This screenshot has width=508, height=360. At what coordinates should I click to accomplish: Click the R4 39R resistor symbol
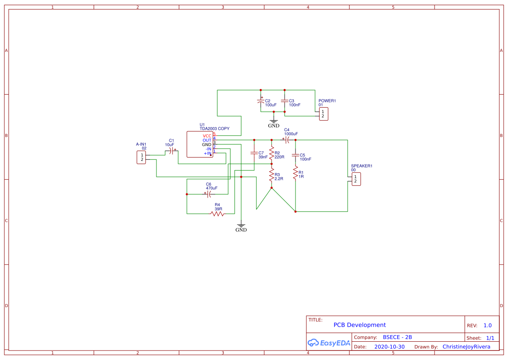pyautogui.click(x=217, y=213)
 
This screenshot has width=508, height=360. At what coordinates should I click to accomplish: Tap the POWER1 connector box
pyautogui.click(x=323, y=114)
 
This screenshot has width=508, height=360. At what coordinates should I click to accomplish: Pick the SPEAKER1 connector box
pyautogui.click(x=356, y=178)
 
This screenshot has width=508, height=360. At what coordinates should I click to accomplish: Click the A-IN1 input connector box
pyautogui.click(x=141, y=157)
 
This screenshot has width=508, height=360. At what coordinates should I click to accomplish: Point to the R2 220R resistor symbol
pyautogui.click(x=272, y=153)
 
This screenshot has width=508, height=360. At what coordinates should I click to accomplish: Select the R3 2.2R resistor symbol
pyautogui.click(x=272, y=176)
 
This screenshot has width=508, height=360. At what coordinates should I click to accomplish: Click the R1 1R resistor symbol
pyautogui.click(x=296, y=174)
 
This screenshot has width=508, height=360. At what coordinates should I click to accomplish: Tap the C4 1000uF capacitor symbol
pyautogui.click(x=287, y=140)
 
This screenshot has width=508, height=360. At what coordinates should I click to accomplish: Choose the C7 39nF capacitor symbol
pyautogui.click(x=254, y=153)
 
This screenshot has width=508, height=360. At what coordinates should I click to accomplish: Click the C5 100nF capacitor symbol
pyautogui.click(x=296, y=155)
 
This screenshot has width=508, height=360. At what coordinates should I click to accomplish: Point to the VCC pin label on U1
pyautogui.click(x=207, y=136)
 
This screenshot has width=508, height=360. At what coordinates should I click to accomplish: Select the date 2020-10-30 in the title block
pyautogui.click(x=389, y=347)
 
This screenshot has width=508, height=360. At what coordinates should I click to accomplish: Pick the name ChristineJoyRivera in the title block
pyautogui.click(x=466, y=347)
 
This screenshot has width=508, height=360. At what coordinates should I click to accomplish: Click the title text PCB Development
pyautogui.click(x=359, y=325)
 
